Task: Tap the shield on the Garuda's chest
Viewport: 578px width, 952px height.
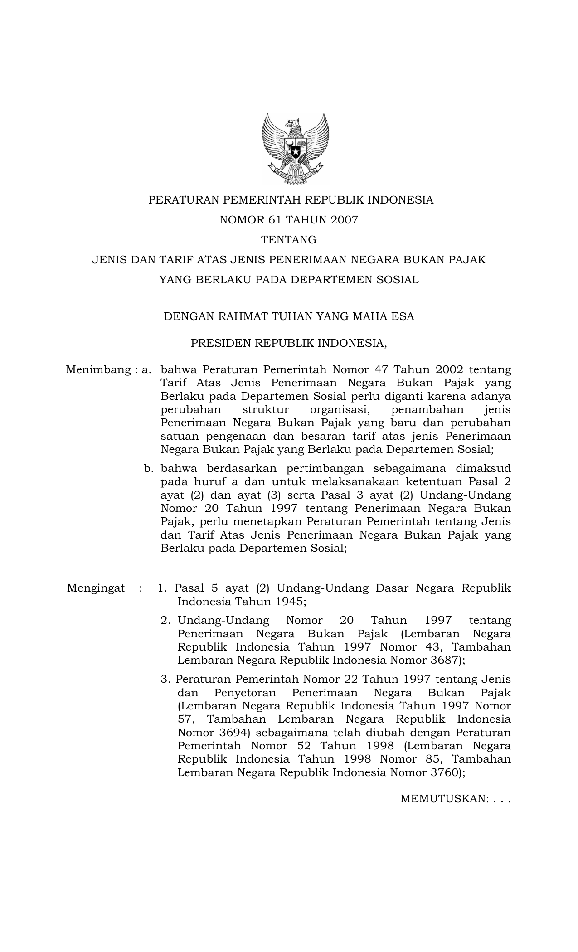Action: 295,147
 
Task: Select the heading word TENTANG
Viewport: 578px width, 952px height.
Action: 289,240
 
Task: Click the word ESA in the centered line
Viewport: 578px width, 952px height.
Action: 403,316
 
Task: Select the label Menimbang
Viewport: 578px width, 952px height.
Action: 98,370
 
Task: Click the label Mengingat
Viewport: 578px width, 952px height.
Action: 96,588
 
